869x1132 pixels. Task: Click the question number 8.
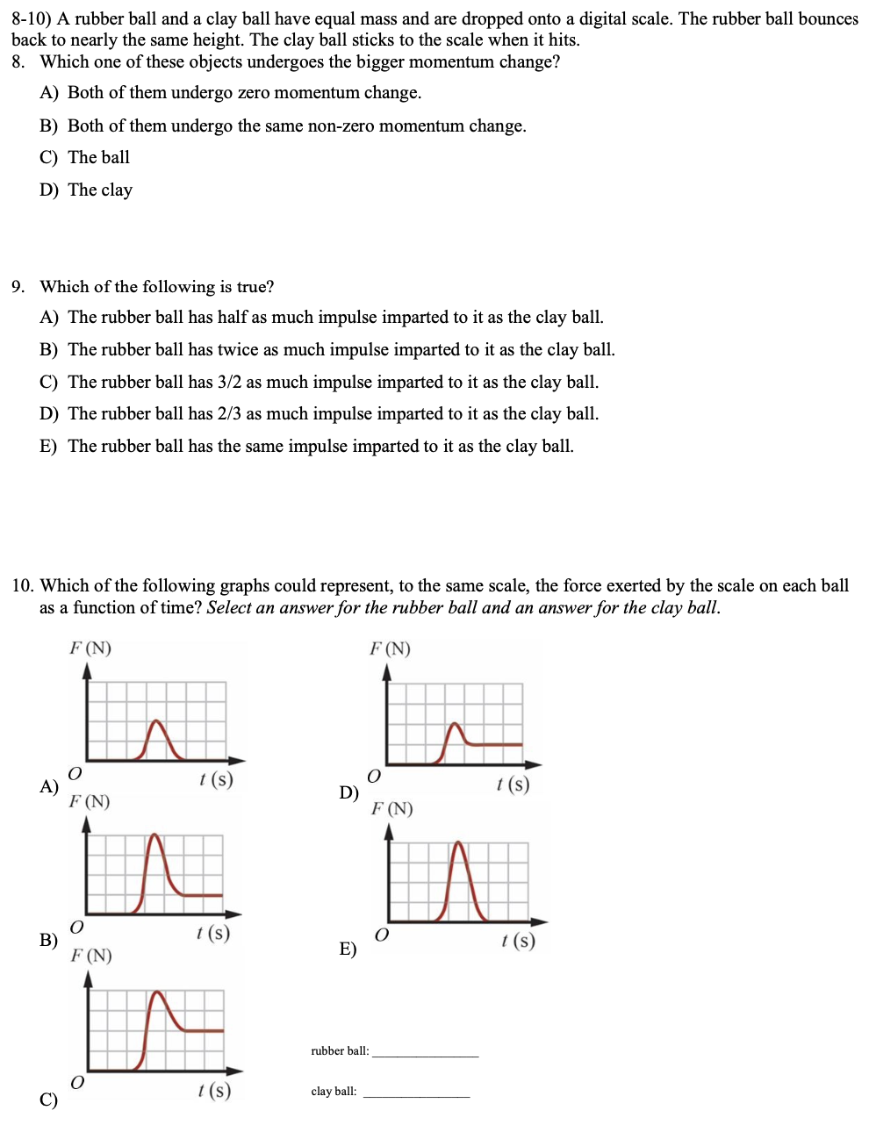point(18,62)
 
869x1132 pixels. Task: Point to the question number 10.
point(23,586)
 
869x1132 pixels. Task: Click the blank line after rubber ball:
point(425,1053)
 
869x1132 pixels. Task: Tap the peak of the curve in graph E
point(459,843)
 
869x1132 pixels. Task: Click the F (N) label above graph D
point(390,649)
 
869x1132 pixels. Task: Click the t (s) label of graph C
point(214,1091)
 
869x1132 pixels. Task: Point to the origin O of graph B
point(76,927)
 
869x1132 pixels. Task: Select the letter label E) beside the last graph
point(348,949)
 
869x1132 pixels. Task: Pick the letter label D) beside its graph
point(348,793)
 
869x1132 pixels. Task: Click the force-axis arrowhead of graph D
point(387,671)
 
